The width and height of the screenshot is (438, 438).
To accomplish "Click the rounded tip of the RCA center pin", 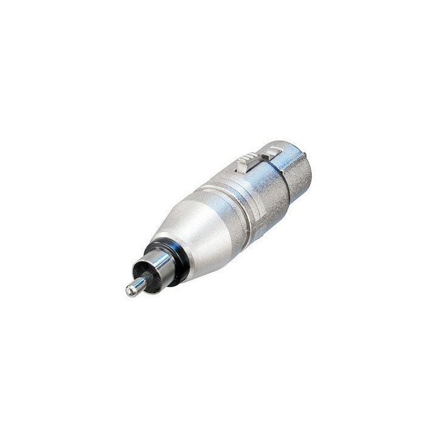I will [130, 291].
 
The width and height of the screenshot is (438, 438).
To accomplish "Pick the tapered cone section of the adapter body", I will [189, 231].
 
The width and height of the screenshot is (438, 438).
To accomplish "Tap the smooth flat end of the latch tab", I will [274, 150].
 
